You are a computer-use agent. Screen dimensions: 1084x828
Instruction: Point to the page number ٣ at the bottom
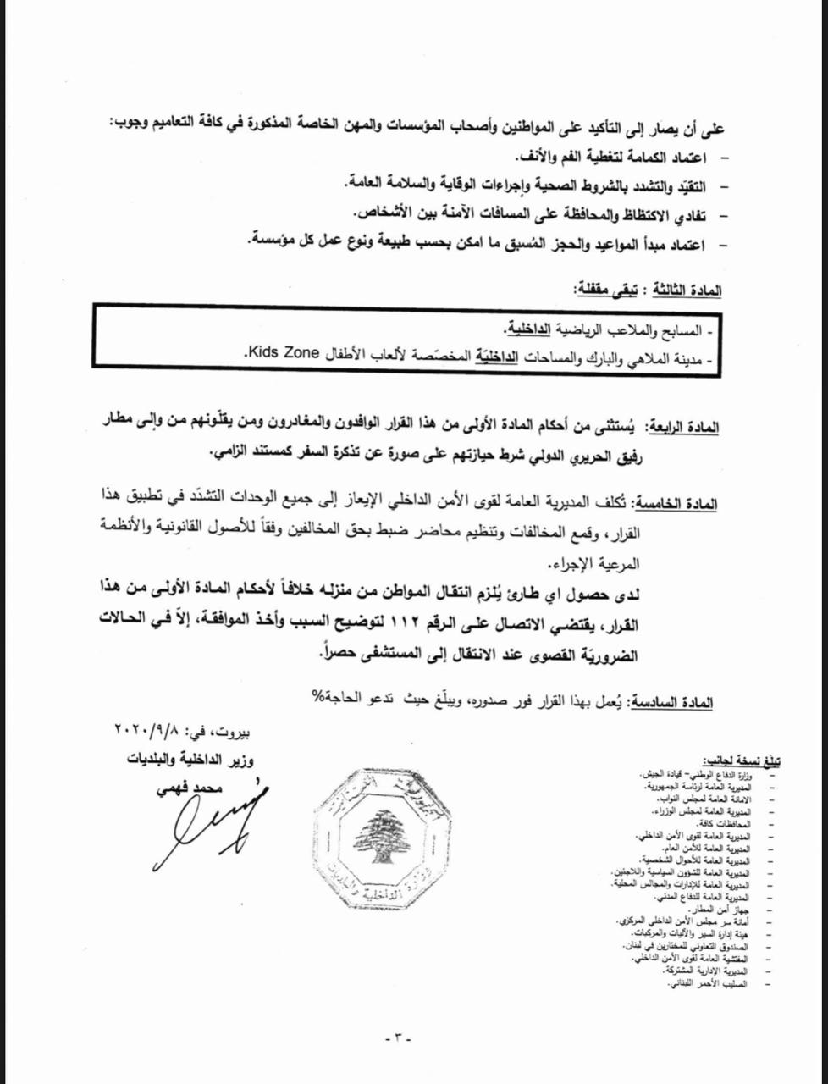point(396,1038)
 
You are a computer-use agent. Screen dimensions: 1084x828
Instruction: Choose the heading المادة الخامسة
point(677,504)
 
